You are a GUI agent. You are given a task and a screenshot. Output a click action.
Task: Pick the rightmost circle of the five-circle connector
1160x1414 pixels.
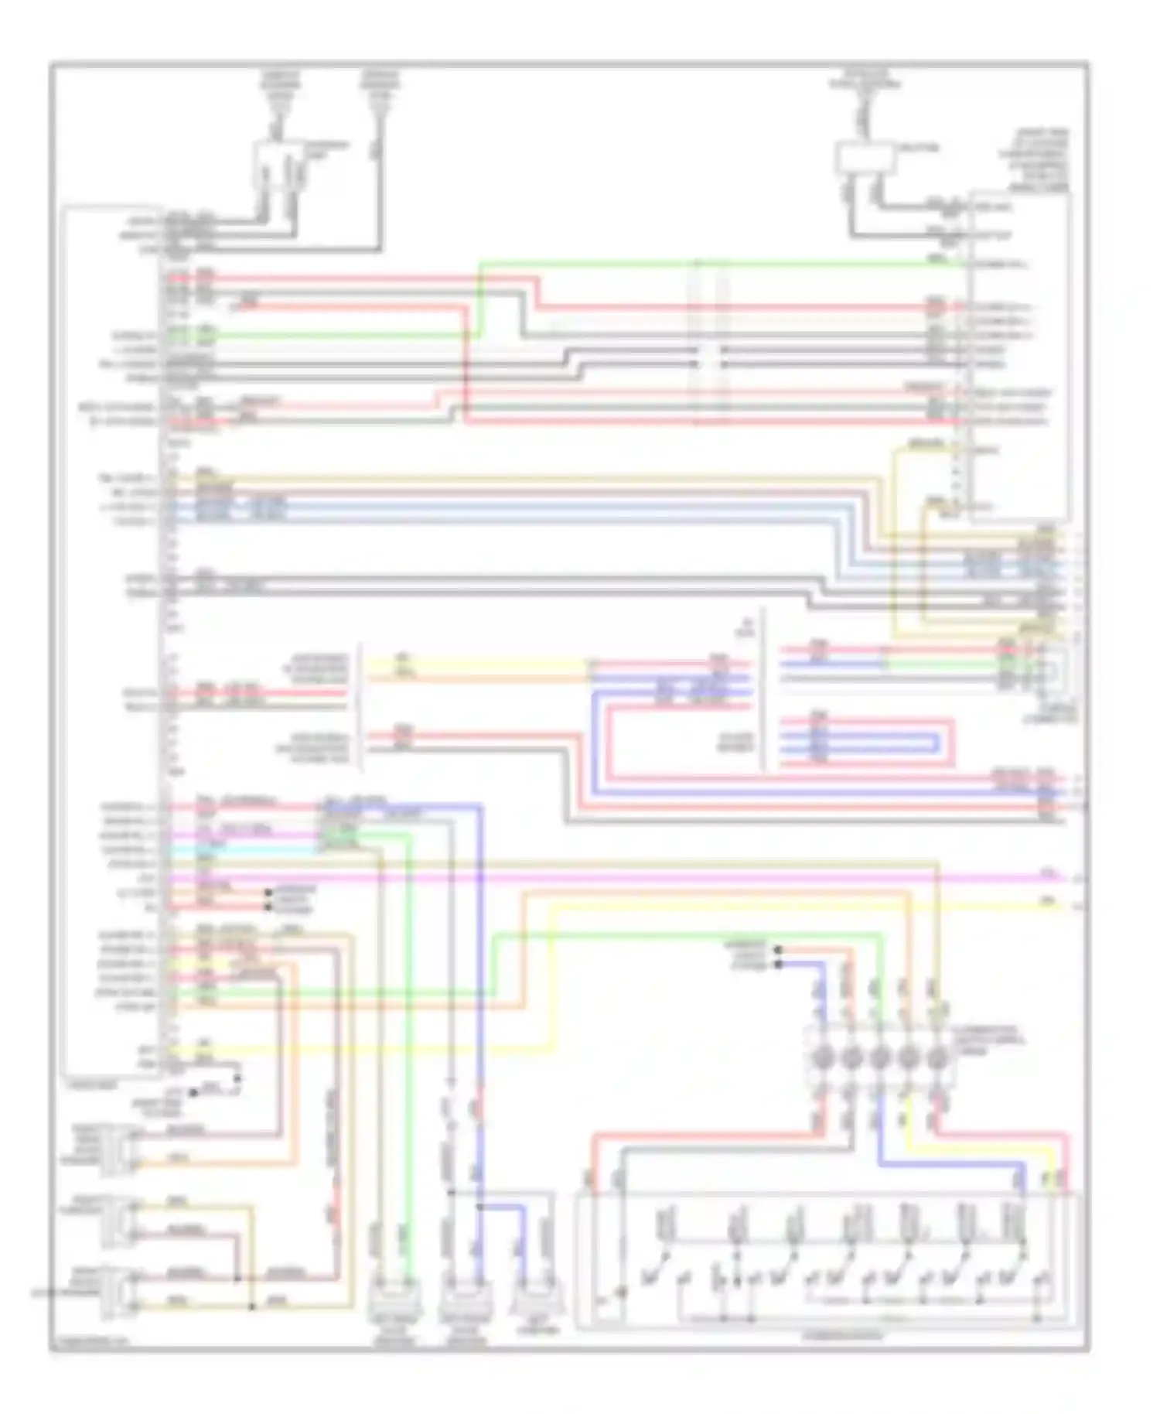937,1057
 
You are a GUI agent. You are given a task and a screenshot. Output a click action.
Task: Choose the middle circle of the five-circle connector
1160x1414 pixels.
880,1057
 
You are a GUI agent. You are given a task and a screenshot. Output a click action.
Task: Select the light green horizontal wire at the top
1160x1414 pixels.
696,264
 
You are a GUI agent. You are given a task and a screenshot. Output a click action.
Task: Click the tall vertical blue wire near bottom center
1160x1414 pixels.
480,1006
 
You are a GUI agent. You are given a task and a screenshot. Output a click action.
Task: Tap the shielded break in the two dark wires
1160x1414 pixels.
709,357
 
